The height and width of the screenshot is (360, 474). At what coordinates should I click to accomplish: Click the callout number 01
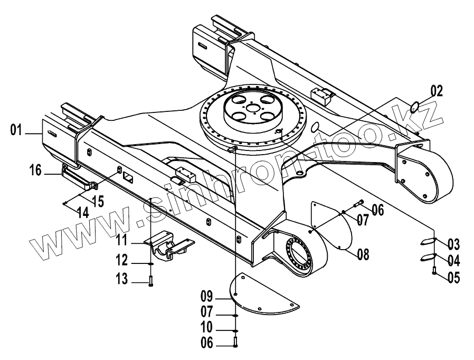click(17, 129)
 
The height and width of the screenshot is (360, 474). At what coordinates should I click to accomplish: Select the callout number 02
click(436, 90)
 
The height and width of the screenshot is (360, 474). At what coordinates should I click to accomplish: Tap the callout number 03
click(453, 244)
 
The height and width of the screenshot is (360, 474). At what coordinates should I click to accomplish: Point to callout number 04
click(453, 260)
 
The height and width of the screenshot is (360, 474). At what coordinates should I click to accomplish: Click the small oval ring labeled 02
click(415, 107)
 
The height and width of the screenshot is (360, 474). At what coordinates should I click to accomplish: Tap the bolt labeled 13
click(150, 281)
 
